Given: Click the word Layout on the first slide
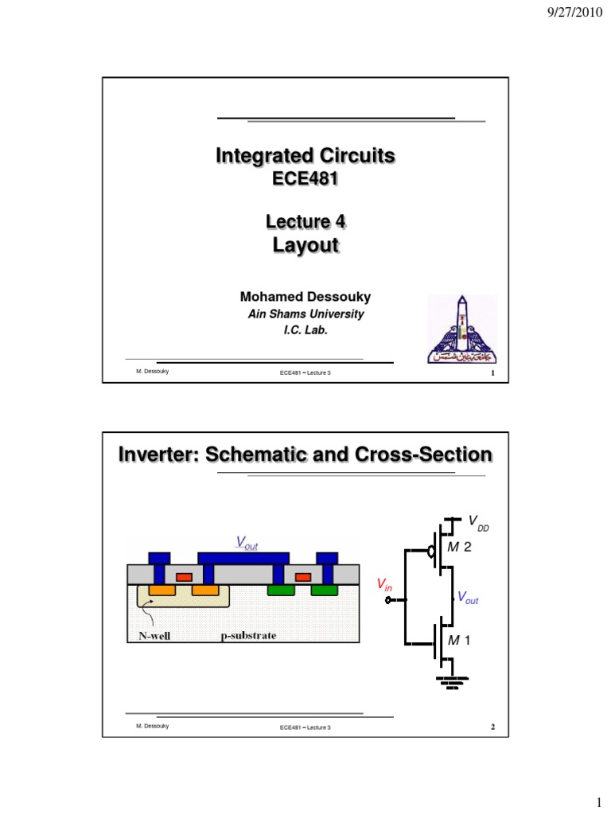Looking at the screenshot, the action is point(305,245).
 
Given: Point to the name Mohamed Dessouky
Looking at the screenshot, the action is point(305,297).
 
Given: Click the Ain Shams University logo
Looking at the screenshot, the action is point(461,328).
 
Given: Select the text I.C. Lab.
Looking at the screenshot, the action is point(305,330).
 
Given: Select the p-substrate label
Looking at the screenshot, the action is point(248,636).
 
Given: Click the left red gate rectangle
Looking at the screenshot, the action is point(184,576).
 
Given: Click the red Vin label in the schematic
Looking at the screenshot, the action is point(384,586).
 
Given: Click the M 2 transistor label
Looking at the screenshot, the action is point(461,548).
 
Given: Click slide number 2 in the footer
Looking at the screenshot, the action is point(493,727).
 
